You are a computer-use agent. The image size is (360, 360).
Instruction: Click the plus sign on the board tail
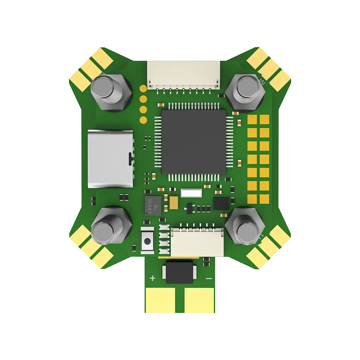(x=152, y=278)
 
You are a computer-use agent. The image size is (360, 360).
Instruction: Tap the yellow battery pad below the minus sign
(x=198, y=298)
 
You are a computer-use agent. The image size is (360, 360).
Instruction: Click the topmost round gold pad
(x=143, y=87)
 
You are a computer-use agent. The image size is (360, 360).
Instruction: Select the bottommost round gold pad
(x=143, y=120)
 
